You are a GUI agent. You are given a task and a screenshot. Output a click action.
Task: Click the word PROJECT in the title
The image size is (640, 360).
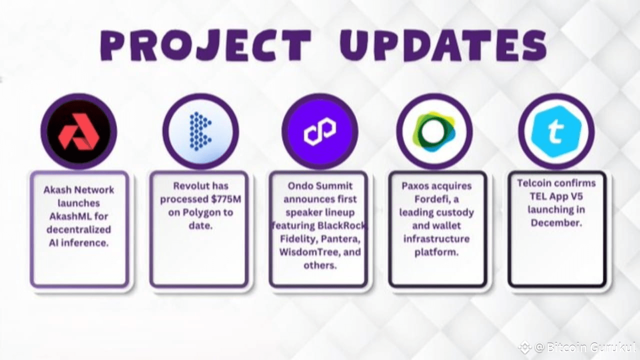pos(205,45)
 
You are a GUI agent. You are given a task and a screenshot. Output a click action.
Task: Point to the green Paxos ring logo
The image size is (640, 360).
pos(434,131)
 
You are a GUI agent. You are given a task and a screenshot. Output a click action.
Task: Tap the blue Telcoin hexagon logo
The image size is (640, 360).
pos(556,131)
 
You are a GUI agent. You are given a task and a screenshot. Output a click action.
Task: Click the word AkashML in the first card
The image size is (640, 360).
pos(78,216)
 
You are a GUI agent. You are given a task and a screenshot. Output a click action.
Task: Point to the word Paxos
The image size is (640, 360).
pos(416,186)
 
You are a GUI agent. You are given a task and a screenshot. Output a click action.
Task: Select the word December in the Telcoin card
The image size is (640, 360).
pos(556,222)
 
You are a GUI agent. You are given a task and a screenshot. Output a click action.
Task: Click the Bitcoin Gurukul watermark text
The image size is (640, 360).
pos(584,347)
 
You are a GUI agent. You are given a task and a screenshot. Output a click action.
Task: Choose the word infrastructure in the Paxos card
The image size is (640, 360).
pos(436,238)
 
